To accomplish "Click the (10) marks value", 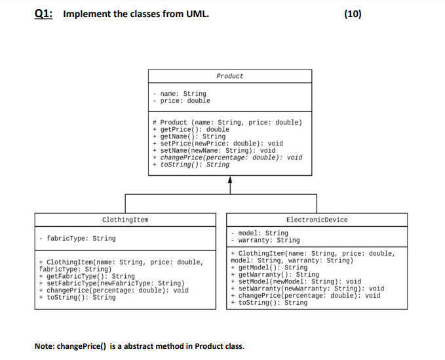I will coord(353,14).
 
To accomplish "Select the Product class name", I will coord(229,76).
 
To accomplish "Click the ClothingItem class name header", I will coord(125,220).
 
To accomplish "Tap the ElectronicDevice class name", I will coord(317,220).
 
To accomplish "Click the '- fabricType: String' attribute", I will coord(77,239).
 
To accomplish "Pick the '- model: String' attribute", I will coord(260,233).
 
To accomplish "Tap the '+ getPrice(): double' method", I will coord(191,130).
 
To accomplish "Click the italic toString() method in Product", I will coord(191,165).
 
